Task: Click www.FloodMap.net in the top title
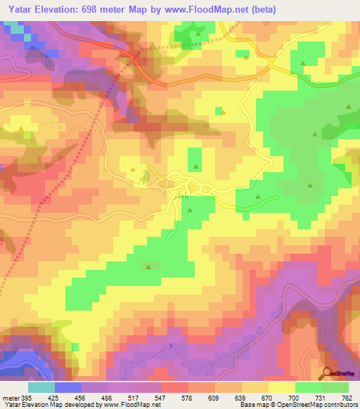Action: click(x=200, y=10)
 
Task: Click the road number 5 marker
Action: click(x=170, y=344)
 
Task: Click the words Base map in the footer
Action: click(x=252, y=404)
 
